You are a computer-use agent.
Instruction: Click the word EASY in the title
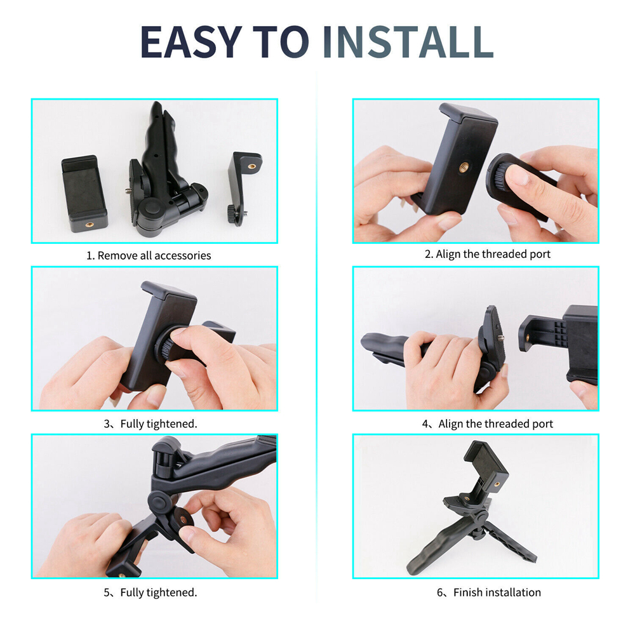(190, 42)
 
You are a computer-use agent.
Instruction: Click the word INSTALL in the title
(408, 42)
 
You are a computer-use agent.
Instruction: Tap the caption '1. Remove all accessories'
(149, 255)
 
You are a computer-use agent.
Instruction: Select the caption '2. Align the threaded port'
(488, 255)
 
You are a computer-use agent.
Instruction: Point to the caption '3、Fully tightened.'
(150, 424)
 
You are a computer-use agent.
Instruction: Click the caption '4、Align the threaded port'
(487, 424)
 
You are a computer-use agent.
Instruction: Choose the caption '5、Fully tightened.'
(150, 592)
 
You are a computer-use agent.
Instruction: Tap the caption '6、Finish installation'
(489, 592)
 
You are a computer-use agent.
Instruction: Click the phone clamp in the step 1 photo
(84, 194)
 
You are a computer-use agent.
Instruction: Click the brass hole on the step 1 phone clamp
(90, 224)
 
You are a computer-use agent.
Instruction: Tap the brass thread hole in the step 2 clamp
(464, 166)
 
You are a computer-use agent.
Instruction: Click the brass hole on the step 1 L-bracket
(252, 166)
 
